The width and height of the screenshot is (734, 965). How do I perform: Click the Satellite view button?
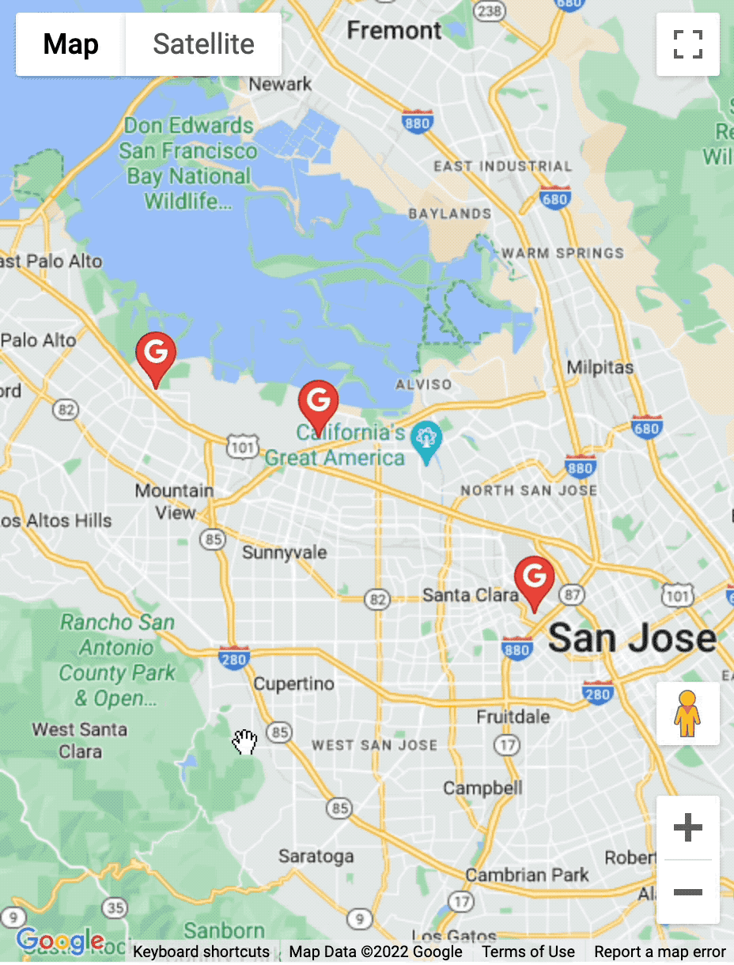pos(203,44)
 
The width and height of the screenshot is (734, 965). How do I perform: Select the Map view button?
pos(70,44)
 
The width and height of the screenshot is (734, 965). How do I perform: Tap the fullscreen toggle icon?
pos(687,44)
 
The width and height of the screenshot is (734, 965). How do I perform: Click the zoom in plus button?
pos(687,828)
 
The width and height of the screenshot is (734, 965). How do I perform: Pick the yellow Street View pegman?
pos(687,713)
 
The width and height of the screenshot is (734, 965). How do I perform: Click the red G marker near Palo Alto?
pos(156,355)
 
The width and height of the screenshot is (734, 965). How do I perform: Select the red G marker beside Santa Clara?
pos(535,579)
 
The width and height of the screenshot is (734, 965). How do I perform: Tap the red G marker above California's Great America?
pos(318,403)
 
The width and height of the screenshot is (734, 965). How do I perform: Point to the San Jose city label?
pos(632,638)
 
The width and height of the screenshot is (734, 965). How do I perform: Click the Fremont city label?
pos(394,31)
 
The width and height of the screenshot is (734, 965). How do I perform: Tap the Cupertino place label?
pos(293,683)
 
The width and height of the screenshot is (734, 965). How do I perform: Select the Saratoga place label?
pos(316,856)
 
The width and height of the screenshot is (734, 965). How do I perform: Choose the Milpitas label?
pos(600,368)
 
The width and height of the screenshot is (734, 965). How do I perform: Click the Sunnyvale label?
pos(284,552)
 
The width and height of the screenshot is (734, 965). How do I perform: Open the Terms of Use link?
pos(528,952)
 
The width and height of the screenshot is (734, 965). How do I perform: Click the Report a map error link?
pos(660,952)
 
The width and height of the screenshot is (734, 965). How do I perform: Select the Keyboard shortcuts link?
pos(201,952)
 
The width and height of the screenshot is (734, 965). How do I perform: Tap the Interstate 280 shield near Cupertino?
pos(233,656)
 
